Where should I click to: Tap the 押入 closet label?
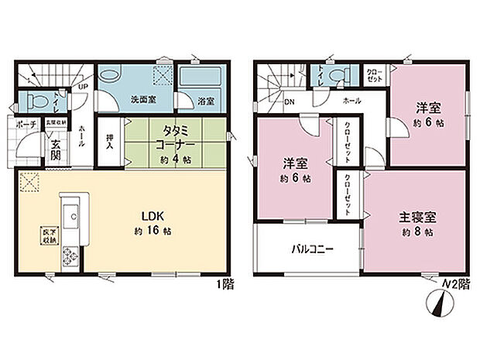coord(110,140)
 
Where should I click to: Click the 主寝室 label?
coord(417,214)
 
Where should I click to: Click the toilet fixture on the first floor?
coord(39,100)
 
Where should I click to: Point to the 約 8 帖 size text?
coord(417,231)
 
